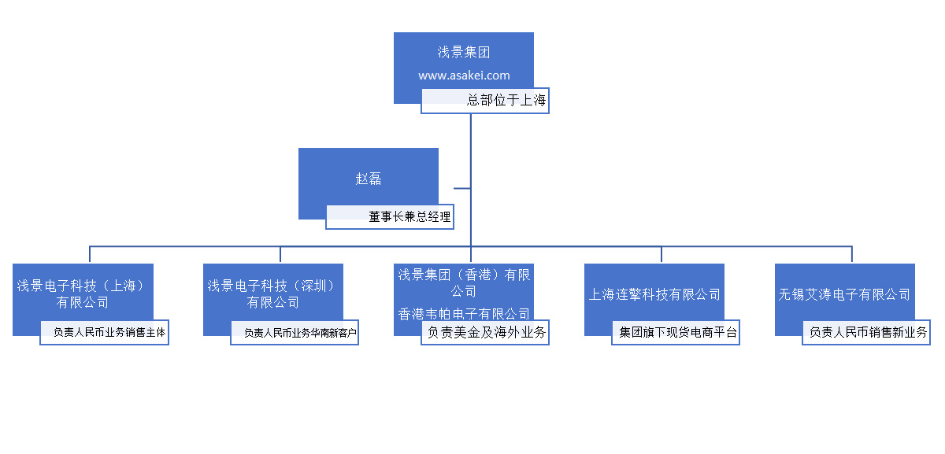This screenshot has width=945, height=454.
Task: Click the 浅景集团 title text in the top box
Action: [x=464, y=53]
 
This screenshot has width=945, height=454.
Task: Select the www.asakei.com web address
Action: [x=464, y=76]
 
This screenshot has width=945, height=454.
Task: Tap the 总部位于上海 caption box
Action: [x=485, y=101]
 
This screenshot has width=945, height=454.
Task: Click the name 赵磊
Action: [x=369, y=179]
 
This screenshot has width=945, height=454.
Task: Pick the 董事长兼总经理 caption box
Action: [x=390, y=217]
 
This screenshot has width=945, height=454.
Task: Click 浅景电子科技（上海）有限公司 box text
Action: [x=83, y=293]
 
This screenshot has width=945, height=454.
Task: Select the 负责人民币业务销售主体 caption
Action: [x=105, y=333]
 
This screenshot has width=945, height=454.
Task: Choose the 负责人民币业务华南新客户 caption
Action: [x=295, y=333]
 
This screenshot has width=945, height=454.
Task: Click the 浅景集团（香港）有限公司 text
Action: [x=464, y=282]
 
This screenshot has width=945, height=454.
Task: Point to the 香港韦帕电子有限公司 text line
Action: [x=464, y=313]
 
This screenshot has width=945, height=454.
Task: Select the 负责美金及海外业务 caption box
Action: [x=485, y=333]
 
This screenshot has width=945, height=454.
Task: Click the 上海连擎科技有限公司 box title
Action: [x=654, y=295]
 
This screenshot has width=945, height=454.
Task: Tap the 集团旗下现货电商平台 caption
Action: [x=676, y=333]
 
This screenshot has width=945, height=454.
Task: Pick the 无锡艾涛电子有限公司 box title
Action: [x=844, y=295]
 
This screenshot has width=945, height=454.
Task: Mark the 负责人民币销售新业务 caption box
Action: [x=866, y=333]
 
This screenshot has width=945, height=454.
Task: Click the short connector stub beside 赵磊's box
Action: [x=462, y=189]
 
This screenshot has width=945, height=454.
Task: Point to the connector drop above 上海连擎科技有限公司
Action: [x=661, y=255]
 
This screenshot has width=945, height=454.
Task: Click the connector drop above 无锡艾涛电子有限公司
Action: [x=852, y=255]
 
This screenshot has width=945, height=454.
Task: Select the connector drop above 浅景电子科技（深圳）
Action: [x=280, y=255]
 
